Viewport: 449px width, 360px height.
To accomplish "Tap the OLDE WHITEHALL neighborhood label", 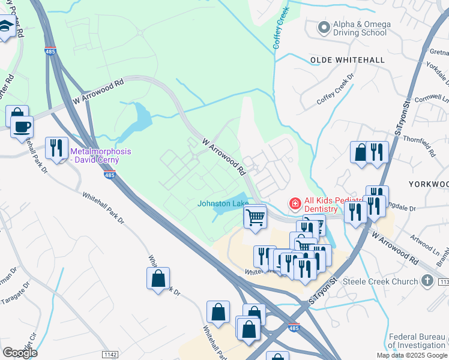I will click(347, 60).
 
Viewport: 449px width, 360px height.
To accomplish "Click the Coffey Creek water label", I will click(281, 28).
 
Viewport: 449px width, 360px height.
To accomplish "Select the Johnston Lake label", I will click(223, 204).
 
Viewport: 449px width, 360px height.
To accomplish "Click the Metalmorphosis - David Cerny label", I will click(103, 155).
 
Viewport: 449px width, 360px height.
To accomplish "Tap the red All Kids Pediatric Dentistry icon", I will click(295, 204).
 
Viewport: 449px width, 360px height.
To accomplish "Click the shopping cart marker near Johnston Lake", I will click(256, 217).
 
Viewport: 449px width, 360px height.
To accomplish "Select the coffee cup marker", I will click(22, 127).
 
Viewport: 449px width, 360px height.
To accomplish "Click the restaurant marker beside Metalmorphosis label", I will click(56, 148).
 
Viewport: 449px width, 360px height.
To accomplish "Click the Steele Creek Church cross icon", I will click(427, 280).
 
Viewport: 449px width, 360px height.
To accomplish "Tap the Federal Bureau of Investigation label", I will click(416, 341).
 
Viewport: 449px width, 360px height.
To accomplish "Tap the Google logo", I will click(20, 353).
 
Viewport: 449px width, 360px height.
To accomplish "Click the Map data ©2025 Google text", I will click(411, 355).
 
